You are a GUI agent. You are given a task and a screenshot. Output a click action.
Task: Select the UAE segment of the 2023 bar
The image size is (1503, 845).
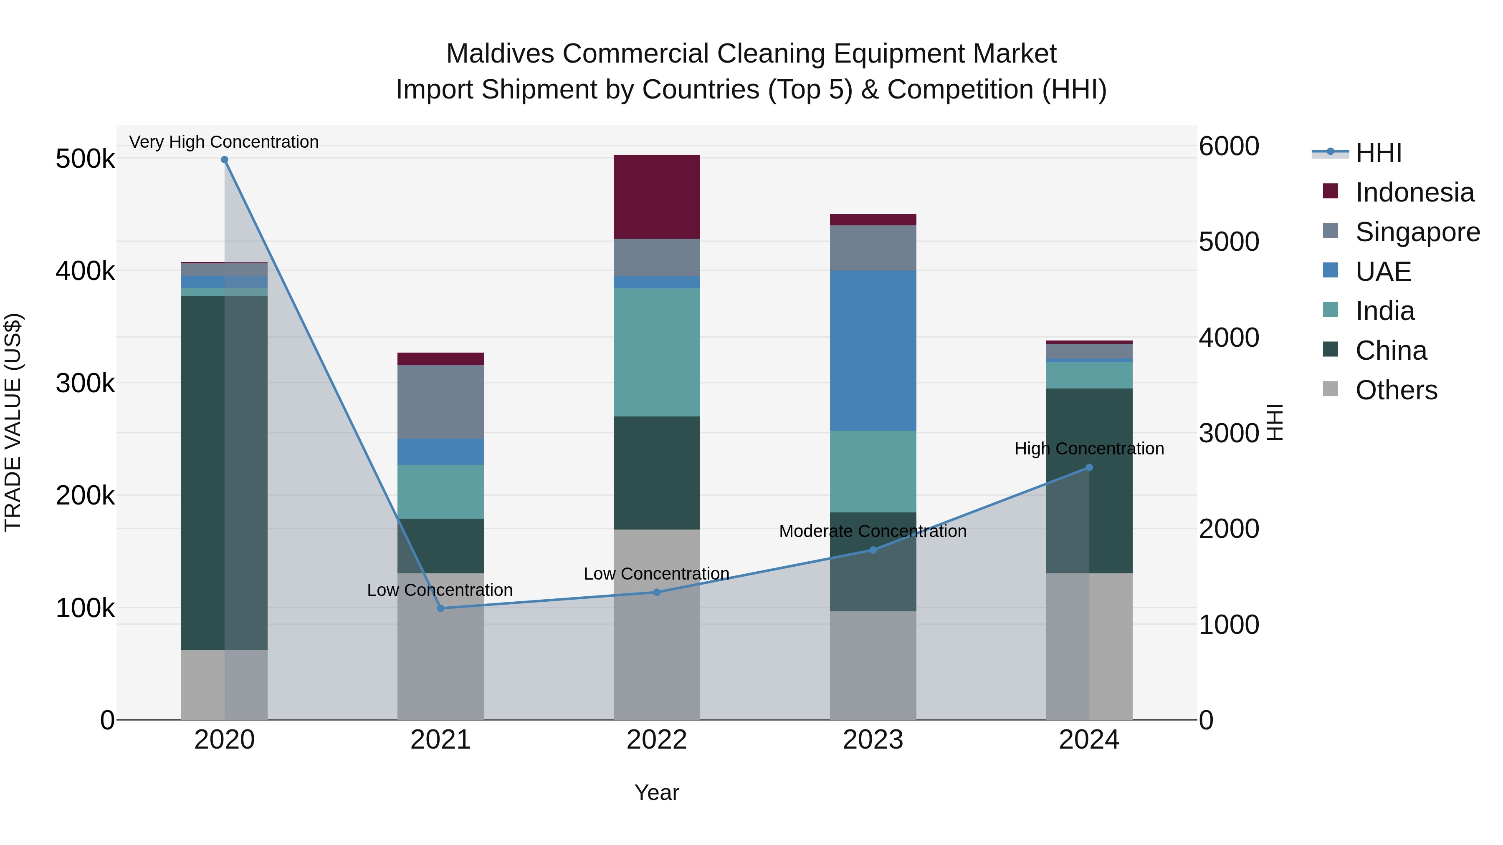(x=873, y=351)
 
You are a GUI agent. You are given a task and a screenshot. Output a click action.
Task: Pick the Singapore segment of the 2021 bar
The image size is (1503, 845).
(x=440, y=402)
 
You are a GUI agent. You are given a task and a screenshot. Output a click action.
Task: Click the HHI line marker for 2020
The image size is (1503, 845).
(x=225, y=160)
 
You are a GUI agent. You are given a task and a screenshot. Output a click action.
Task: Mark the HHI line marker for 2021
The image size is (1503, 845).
(x=440, y=608)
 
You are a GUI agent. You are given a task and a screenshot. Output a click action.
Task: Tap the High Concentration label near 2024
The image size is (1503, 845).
(x=1089, y=449)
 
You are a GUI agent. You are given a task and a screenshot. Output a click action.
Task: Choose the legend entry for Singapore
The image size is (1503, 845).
(x=1417, y=232)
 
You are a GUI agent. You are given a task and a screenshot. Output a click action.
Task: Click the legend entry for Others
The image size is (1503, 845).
(x=1396, y=390)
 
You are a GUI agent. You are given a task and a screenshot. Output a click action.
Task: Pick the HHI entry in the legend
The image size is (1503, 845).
(x=1378, y=153)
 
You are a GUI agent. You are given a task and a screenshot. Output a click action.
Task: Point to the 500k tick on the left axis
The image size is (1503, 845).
(x=85, y=159)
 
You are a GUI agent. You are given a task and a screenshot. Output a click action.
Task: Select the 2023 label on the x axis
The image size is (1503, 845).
(x=873, y=740)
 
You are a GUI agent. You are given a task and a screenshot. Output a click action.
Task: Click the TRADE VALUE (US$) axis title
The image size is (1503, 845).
(x=13, y=422)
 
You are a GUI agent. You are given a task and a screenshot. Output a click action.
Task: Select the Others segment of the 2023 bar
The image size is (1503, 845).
(x=873, y=666)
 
